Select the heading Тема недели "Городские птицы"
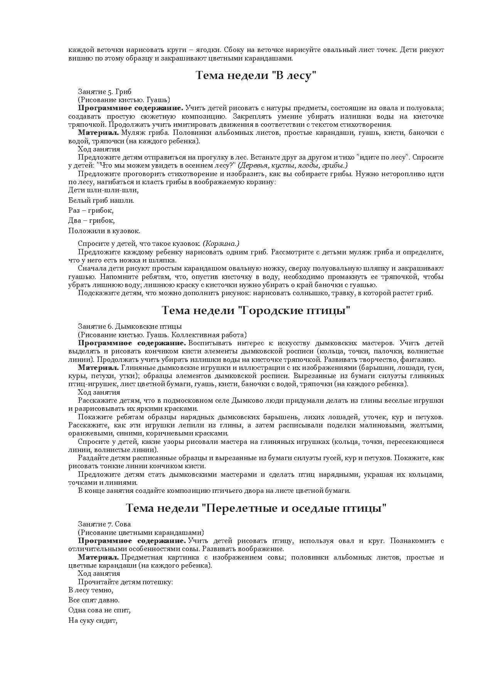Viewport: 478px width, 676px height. click(256, 310)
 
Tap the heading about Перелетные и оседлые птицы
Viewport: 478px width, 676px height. click(256, 508)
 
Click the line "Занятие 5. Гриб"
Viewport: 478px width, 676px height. click(104, 92)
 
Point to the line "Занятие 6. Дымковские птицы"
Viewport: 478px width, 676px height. click(130, 326)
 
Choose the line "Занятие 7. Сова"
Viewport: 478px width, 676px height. click(104, 524)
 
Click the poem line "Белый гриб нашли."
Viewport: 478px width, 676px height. click(101, 200)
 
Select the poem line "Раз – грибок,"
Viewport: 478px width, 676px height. click(91, 211)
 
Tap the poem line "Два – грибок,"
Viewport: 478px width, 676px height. click(91, 221)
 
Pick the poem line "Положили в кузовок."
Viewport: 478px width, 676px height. click(104, 231)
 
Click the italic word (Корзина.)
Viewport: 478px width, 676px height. click(221, 244)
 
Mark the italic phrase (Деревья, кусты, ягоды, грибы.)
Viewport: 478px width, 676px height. click(293, 165)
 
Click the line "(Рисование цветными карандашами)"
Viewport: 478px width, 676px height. click(141, 533)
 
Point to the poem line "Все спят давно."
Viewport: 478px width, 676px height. click(94, 600)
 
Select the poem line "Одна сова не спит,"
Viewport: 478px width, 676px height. click(99, 610)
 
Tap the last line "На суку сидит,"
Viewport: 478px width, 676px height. click(93, 621)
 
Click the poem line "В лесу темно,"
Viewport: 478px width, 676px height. click(91, 590)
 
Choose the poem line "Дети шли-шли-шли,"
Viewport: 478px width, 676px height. click(103, 190)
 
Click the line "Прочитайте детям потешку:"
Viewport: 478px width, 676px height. click(125, 582)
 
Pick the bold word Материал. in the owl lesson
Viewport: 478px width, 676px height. click(98, 557)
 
